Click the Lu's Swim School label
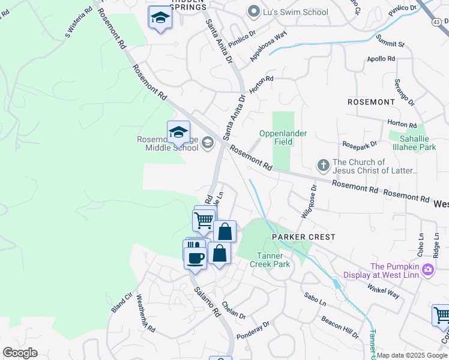(x=295, y=12)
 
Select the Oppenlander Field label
(x=283, y=137)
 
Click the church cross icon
(x=323, y=164)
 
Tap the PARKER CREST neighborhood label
(x=303, y=237)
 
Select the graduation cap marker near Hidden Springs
(x=160, y=19)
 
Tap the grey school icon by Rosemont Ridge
(x=208, y=142)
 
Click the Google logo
(x=20, y=353)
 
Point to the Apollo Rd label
(x=381, y=59)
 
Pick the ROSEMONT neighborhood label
(x=371, y=102)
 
